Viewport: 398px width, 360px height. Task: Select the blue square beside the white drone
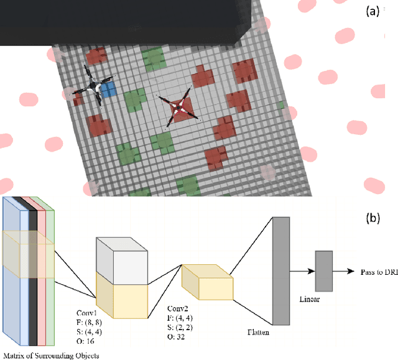(108, 91)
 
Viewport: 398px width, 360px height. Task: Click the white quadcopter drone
(92, 91)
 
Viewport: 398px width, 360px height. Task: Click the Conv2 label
(179, 308)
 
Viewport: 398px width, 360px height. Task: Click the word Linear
(312, 300)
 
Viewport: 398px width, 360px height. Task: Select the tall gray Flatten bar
(281, 270)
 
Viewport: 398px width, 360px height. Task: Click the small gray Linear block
(323, 270)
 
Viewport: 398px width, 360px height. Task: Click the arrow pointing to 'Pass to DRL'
(345, 272)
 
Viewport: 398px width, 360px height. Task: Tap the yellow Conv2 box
(208, 286)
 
